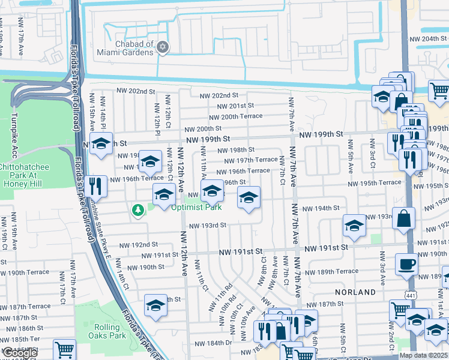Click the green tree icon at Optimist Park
point(138,209)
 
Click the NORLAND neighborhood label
point(355,292)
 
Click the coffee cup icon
point(406,263)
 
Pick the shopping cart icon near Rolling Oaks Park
point(64,349)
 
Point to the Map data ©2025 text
point(424,356)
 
